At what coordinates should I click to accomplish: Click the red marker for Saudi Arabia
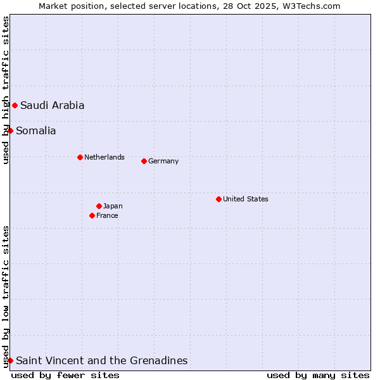coord(15,105)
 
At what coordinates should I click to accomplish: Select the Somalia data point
coord(10,130)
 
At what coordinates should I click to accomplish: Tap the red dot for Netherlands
coord(80,157)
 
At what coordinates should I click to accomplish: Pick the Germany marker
coord(144,161)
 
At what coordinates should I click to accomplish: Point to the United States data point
coord(218,199)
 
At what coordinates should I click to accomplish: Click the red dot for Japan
coord(99,206)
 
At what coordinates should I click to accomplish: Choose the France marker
coord(92,215)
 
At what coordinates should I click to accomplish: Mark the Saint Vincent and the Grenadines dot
coord(10,360)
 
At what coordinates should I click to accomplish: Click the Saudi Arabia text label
coord(52,106)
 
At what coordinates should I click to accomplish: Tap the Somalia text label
coord(36,131)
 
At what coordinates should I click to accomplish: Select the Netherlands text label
coord(104,157)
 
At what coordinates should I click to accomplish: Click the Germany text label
coord(163,161)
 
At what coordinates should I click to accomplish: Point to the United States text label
coord(246,199)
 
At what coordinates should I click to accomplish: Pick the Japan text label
coord(113,206)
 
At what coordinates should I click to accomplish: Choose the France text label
coord(107,215)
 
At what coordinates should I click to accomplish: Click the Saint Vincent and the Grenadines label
coord(102,361)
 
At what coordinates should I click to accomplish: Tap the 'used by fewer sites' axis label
coord(65,375)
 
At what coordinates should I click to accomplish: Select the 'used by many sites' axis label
coord(318,375)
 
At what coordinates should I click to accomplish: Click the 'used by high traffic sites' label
coord(6,90)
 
